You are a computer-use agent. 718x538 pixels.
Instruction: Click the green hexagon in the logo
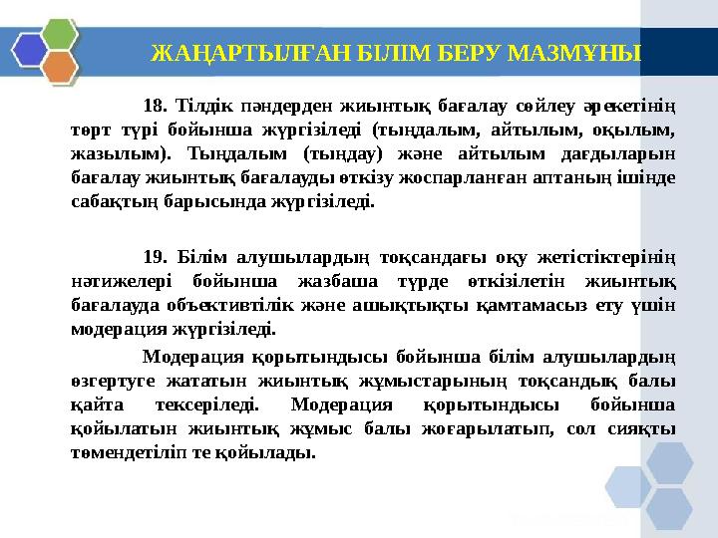59,33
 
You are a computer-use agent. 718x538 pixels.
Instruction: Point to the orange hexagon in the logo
59,68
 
